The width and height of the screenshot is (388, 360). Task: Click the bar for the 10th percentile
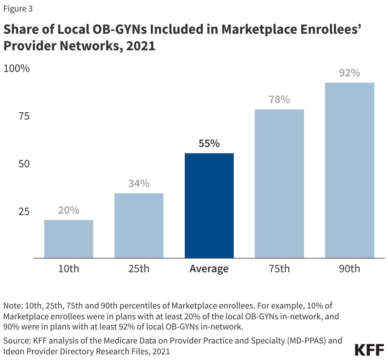pyautogui.click(x=69, y=239)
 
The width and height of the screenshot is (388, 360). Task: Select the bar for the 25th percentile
pyautogui.click(x=139, y=225)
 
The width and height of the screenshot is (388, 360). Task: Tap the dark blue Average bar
pyautogui.click(x=209, y=205)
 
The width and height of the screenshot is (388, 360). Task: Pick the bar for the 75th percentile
pyautogui.click(x=279, y=183)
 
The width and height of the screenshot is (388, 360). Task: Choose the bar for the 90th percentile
pyautogui.click(x=350, y=170)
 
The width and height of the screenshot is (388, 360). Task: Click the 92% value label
pyautogui.click(x=350, y=73)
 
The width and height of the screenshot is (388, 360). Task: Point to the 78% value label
pyautogui.click(x=279, y=100)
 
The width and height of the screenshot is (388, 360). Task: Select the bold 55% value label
pyautogui.click(x=209, y=144)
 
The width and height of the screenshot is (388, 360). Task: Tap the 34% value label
pyautogui.click(x=139, y=184)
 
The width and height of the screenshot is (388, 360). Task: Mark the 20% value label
pyautogui.click(x=69, y=211)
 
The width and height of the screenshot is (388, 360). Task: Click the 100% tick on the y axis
pyautogui.click(x=17, y=68)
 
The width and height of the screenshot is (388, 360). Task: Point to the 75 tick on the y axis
pyautogui.click(x=24, y=116)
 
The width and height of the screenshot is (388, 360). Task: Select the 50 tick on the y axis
pyautogui.click(x=24, y=164)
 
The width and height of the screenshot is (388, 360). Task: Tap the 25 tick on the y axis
pyautogui.click(x=24, y=211)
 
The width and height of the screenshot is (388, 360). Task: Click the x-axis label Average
pyautogui.click(x=209, y=269)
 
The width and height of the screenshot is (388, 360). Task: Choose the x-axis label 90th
pyautogui.click(x=350, y=269)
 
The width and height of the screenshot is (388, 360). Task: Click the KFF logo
pyautogui.click(x=369, y=350)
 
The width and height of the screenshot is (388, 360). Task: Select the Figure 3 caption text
pyautogui.click(x=18, y=9)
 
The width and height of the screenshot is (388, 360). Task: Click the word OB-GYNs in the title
pyautogui.click(x=119, y=29)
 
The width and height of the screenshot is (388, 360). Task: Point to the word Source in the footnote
pyautogui.click(x=16, y=341)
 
